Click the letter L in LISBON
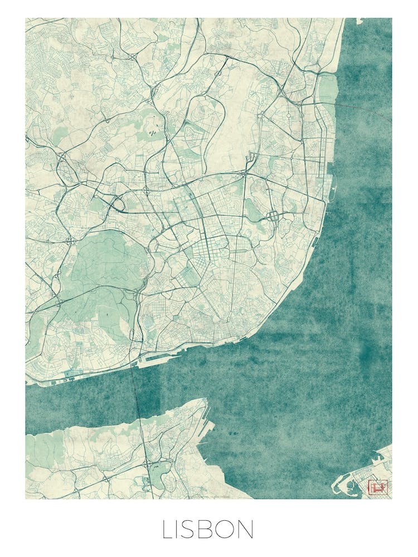168,529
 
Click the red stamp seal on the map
378,487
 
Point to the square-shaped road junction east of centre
274,215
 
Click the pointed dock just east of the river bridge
146,363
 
